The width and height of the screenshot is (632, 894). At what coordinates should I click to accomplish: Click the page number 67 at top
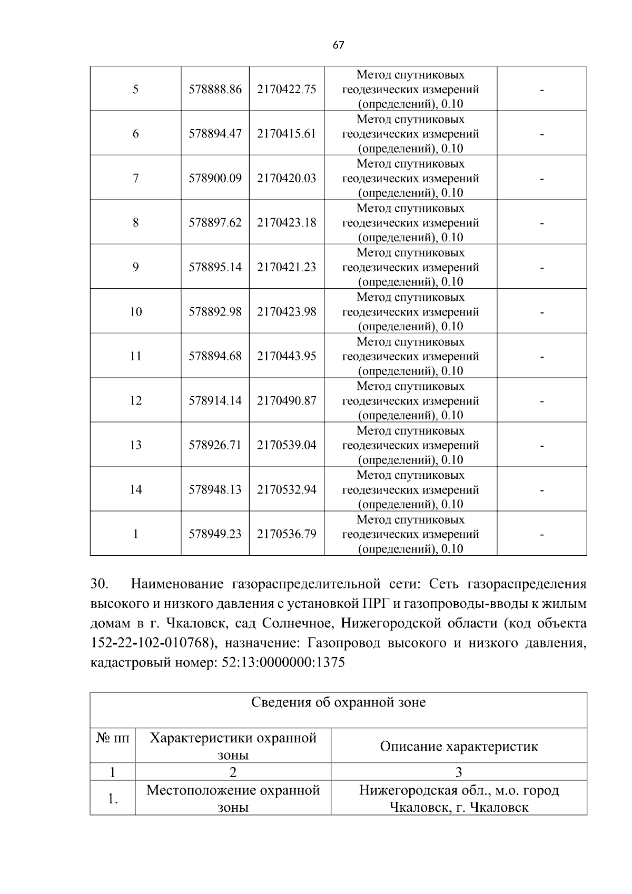tap(338, 45)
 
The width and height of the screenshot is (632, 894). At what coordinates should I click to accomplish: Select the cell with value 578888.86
tap(215, 90)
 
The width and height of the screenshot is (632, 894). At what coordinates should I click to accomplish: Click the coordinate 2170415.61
tap(287, 134)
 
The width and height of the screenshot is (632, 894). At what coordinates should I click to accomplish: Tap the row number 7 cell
tap(135, 178)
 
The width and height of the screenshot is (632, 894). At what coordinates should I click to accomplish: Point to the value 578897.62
tap(215, 223)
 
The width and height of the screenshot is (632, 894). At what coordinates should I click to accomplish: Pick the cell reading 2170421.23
tap(287, 267)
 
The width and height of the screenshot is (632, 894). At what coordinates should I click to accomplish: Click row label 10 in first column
tap(135, 312)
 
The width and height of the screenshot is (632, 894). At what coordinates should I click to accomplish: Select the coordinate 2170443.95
tap(287, 356)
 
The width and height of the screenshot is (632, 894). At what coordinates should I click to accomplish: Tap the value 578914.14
tap(215, 401)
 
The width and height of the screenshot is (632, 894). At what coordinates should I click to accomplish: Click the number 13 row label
tap(135, 445)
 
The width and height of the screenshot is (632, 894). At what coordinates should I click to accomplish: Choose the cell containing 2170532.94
tap(287, 490)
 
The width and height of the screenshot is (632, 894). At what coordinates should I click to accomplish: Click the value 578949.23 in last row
tap(215, 534)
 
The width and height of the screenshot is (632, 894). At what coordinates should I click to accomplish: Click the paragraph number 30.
tap(100, 584)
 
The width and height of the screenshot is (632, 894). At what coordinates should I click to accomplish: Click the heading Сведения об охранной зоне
tap(338, 702)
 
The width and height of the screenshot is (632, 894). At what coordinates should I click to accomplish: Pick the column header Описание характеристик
tap(459, 746)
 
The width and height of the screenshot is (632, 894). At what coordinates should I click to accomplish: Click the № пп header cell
tap(113, 738)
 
